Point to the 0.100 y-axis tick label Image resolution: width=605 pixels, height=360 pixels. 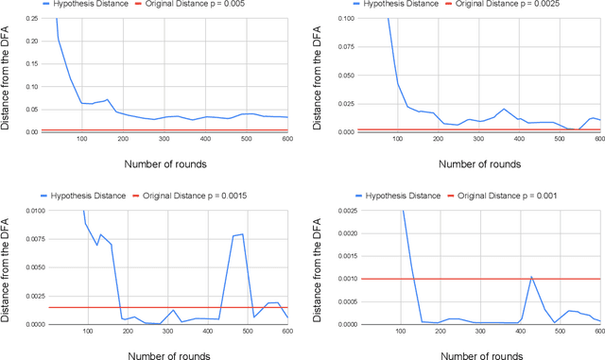(348, 19)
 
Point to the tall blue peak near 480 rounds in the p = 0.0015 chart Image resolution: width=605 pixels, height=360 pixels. (243, 233)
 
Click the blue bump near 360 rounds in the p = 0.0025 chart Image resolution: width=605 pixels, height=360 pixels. (504, 109)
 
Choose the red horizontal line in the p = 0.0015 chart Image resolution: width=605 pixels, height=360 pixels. (142, 307)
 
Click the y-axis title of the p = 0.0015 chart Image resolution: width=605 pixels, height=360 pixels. (7, 265)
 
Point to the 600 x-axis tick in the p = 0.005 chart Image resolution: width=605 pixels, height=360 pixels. (285, 141)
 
